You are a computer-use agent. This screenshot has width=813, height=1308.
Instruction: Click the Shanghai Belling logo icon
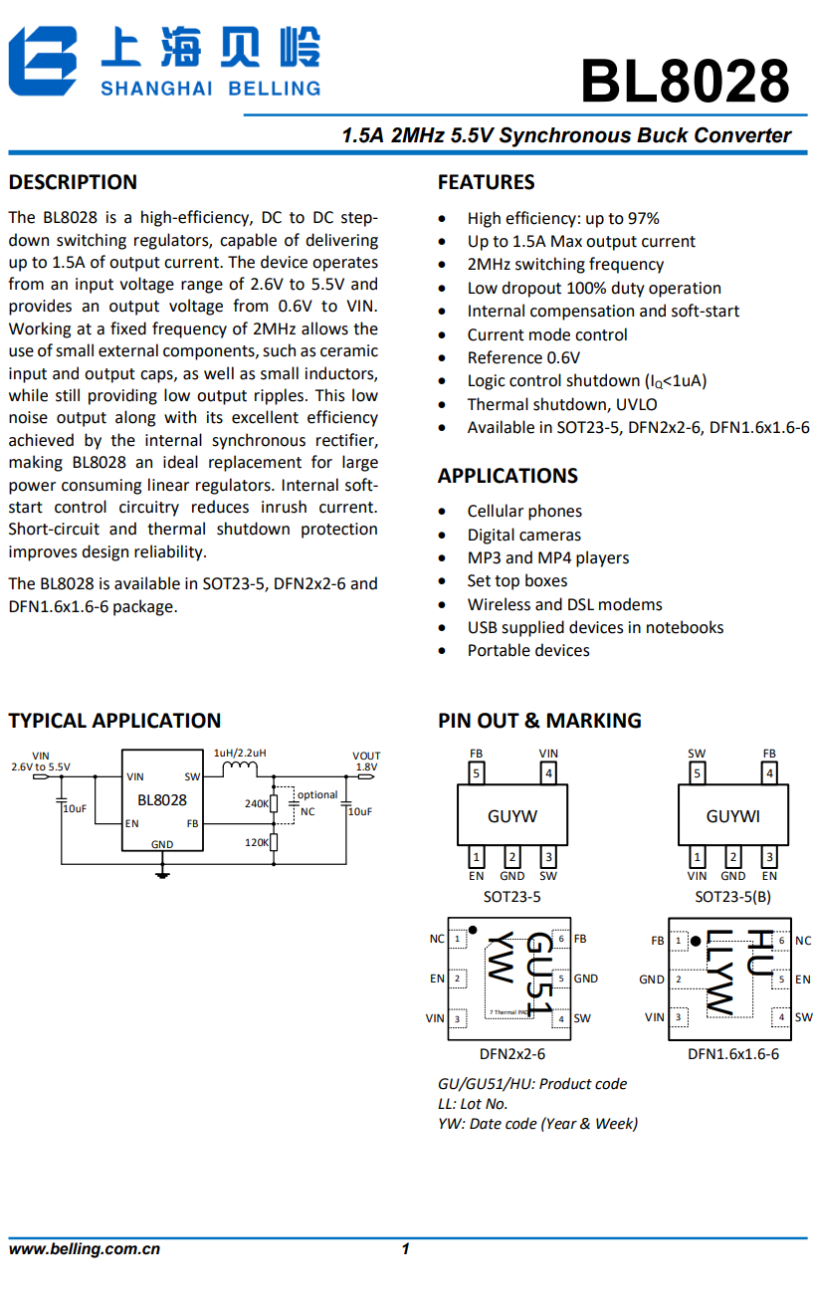point(44,61)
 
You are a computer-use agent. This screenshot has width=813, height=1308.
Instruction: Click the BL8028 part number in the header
point(685,81)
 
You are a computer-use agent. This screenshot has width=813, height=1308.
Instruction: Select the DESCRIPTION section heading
point(73,182)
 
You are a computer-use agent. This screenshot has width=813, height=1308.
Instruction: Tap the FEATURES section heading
point(486,182)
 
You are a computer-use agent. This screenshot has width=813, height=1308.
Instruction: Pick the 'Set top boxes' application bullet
point(517,580)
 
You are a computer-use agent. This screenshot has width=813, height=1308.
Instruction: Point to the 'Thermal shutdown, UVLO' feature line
point(562,404)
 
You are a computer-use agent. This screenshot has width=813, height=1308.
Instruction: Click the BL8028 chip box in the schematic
point(161,799)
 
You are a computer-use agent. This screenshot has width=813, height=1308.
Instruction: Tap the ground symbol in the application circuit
point(162,874)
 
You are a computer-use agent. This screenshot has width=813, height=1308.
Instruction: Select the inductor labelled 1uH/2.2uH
point(239,768)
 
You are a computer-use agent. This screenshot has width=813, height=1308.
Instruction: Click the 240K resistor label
point(256,803)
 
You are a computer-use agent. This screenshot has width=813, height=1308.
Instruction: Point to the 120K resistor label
point(256,842)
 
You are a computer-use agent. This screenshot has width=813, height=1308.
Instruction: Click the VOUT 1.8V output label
point(365,762)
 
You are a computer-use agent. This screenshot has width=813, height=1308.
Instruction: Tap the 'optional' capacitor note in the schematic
point(317,794)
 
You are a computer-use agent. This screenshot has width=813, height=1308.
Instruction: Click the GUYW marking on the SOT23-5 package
point(512,816)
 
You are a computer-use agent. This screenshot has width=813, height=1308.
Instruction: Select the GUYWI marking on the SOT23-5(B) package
point(732,816)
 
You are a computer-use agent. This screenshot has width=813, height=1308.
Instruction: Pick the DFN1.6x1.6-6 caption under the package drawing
point(732,1054)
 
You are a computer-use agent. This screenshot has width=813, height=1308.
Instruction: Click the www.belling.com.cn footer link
point(85,1249)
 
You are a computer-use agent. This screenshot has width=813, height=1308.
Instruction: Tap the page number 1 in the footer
point(405,1249)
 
